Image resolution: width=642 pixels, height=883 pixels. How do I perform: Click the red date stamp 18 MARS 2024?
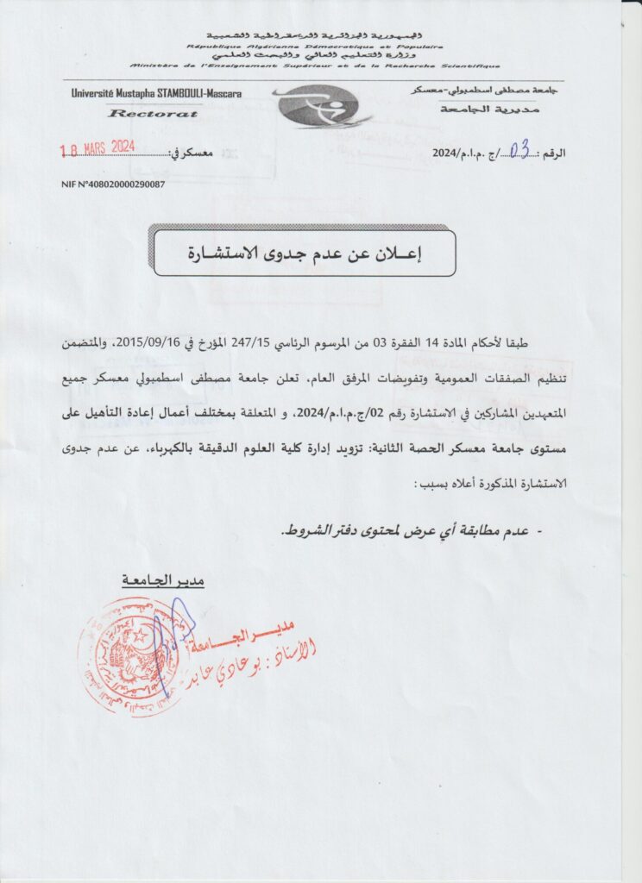click(97, 147)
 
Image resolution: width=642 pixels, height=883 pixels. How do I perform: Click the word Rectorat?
click(154, 113)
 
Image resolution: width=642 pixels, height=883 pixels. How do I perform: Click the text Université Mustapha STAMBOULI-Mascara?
click(156, 93)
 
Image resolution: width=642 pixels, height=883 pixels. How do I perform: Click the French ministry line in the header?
click(314, 66)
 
